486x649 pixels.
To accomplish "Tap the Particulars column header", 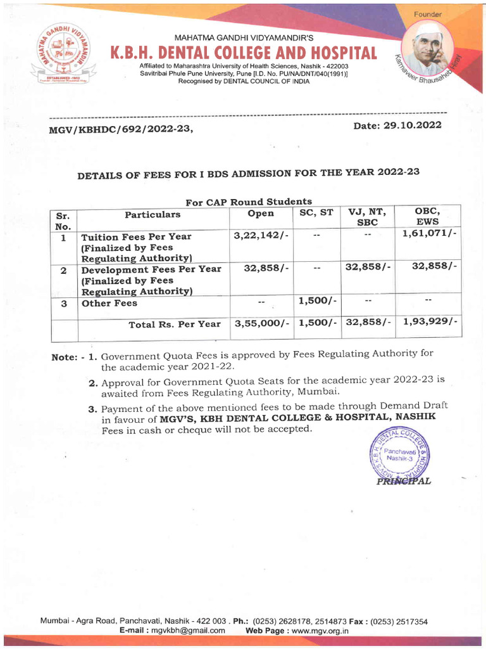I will point(153,214).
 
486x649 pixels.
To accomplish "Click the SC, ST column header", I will point(316,213).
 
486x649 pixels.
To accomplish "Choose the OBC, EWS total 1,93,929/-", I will point(429,322).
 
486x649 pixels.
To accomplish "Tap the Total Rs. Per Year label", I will point(175,324).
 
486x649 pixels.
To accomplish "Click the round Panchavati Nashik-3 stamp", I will point(398,454).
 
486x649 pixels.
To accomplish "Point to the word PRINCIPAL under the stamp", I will point(404,481).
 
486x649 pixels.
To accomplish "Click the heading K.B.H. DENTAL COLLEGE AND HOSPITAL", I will point(244,53).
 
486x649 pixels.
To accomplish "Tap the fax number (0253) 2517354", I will point(392,621).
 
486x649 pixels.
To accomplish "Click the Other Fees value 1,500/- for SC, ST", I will point(316,300).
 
